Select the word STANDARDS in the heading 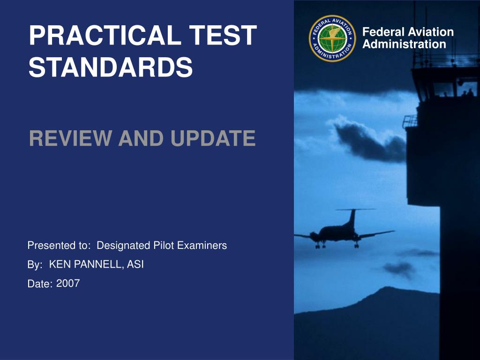[x=111, y=67]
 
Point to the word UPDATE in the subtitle [x=213, y=138]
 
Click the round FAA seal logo [x=332, y=38]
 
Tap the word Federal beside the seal [x=383, y=32]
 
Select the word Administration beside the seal [x=404, y=44]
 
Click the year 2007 [x=68, y=283]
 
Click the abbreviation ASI [x=135, y=264]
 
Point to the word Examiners [x=202, y=245]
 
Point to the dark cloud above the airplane [x=370, y=141]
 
